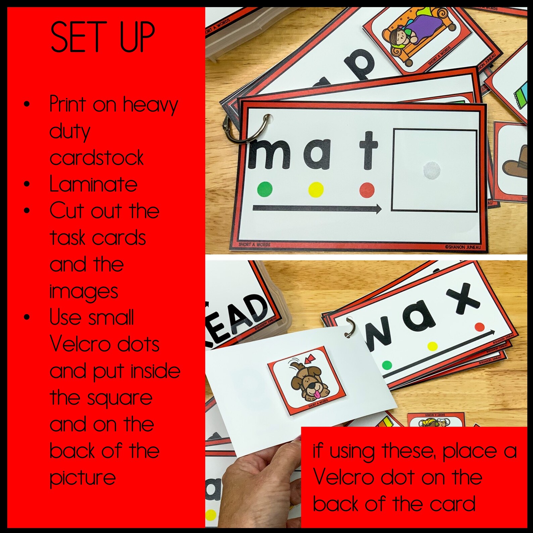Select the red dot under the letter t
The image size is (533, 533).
[x=367, y=190]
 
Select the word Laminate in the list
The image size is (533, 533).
[x=93, y=184]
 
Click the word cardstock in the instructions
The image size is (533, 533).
[x=96, y=157]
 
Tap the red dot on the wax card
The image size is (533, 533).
[x=480, y=327]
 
